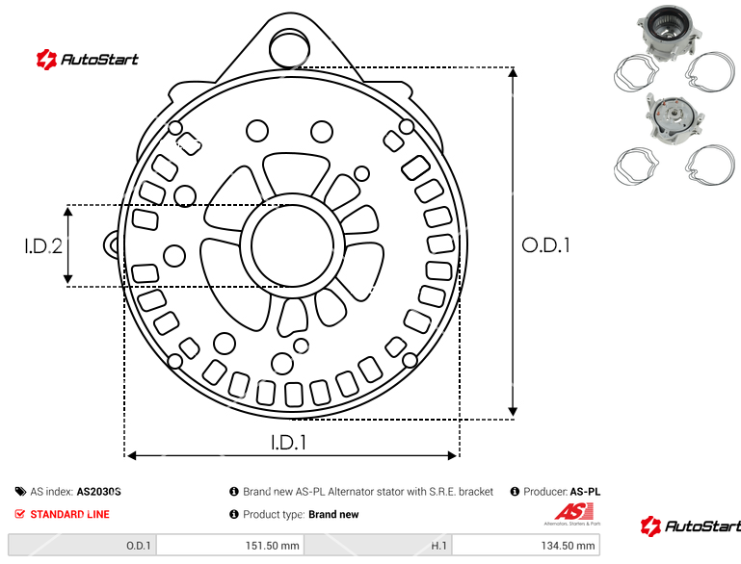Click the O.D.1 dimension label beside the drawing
[545, 245]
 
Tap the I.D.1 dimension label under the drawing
[289, 442]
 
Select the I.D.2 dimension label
[43, 245]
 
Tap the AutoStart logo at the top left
[88, 60]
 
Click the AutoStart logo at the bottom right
[691, 526]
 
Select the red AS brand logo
[573, 514]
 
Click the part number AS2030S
[99, 492]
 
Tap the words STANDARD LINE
[70, 514]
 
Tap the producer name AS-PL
[585, 492]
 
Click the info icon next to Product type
[234, 514]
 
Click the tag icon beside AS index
[20, 492]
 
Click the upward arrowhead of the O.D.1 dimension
[513, 72]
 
